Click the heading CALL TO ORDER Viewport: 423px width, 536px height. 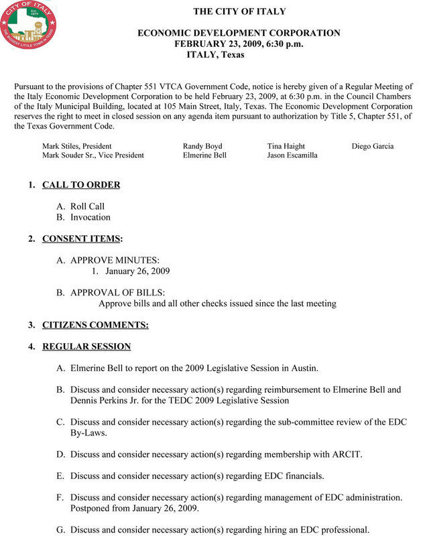[81, 185]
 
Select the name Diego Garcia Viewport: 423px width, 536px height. [373, 146]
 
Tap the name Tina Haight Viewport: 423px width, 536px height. [286, 146]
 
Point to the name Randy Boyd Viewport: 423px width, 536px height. [202, 146]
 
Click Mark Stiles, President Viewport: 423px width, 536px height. [77, 146]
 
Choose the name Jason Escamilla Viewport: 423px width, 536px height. [292, 155]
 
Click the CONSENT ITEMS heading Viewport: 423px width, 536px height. [81, 239]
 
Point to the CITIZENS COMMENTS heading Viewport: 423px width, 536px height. [95, 325]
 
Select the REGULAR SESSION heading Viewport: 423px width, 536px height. [86, 346]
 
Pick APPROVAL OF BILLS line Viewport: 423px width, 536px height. [117, 293]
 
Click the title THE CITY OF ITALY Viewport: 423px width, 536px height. [239, 11]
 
